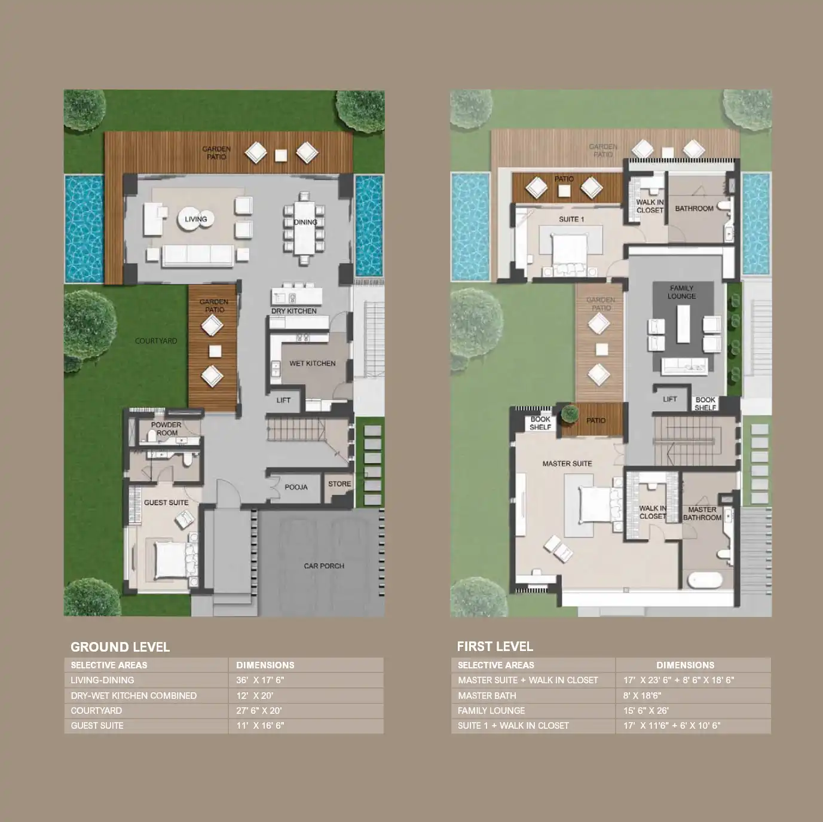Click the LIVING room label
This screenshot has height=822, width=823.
[195, 219]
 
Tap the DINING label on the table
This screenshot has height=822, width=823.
[305, 222]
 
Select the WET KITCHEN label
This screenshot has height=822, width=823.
[312, 363]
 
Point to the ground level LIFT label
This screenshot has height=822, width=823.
[283, 401]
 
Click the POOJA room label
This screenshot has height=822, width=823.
[296, 487]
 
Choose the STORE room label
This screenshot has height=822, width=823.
[339, 484]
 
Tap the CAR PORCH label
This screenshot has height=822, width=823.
[324, 566]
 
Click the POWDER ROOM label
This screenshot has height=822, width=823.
[166, 429]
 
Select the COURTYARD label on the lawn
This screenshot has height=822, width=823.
[156, 341]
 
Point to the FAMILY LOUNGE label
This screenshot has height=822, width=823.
[681, 292]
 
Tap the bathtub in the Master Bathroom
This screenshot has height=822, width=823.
[705, 580]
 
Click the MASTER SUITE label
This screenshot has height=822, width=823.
[567, 463]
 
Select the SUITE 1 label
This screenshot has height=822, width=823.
[571, 219]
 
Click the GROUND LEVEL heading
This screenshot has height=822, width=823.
[120, 647]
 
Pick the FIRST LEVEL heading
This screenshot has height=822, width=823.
[495, 646]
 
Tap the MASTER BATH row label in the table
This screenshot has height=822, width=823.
[487, 695]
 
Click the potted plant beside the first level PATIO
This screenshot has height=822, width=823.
[570, 414]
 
